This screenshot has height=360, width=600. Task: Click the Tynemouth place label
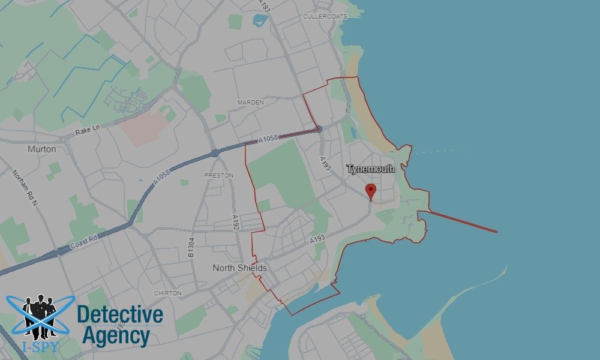click(371, 169)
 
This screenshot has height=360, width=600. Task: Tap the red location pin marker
click(371, 191)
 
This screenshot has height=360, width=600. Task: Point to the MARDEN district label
click(250, 103)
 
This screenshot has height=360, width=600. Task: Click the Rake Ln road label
click(88, 130)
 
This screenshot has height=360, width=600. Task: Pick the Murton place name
click(42, 149)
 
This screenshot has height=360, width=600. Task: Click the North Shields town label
click(239, 268)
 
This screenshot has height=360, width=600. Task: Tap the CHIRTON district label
click(167, 293)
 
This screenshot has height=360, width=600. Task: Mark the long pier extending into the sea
click(462, 221)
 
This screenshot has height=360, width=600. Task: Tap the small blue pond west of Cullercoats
click(259, 20)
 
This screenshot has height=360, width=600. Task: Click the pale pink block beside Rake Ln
click(144, 127)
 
